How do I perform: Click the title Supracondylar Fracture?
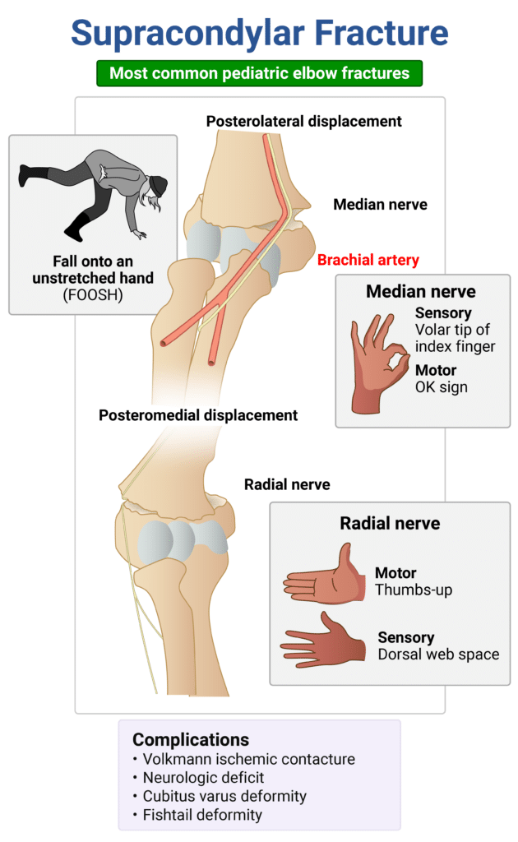pyautogui.click(x=259, y=32)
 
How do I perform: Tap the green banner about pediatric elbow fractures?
pyautogui.click(x=259, y=73)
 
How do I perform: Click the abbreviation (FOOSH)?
pyautogui.click(x=93, y=294)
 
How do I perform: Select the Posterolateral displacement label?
pyautogui.click(x=303, y=122)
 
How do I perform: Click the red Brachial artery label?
pyautogui.click(x=368, y=260)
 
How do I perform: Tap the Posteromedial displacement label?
pyautogui.click(x=198, y=415)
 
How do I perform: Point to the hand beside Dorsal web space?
pyautogui.click(x=326, y=640)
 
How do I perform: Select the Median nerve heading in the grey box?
pyautogui.click(x=421, y=291)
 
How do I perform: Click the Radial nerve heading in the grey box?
pyautogui.click(x=390, y=523)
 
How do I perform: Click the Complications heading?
pyautogui.click(x=191, y=739)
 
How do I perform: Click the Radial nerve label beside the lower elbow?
pyautogui.click(x=287, y=484)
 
